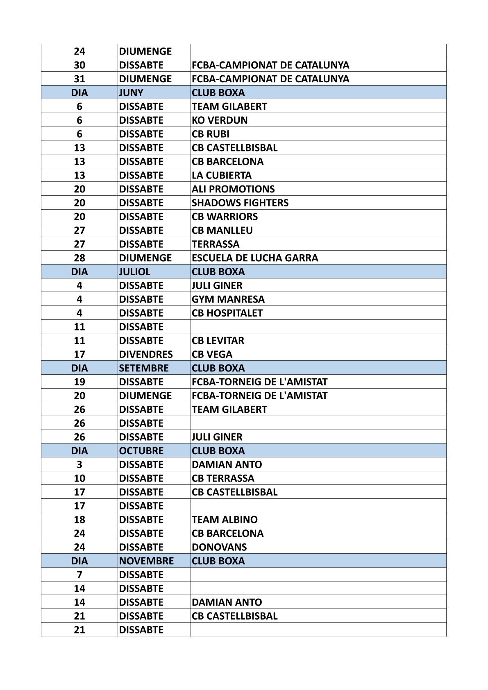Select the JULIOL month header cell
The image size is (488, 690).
click(134, 271)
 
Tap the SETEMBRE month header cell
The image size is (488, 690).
click(143, 368)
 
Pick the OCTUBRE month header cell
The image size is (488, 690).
click(141, 451)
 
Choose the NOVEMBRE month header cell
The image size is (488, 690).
click(146, 561)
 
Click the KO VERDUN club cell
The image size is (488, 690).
click(220, 120)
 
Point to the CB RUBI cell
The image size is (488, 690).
click(211, 134)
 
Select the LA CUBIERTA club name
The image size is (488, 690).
click(222, 175)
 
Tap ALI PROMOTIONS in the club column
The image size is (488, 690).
click(233, 189)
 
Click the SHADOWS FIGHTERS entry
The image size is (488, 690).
click(240, 203)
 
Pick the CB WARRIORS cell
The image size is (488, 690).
click(225, 217)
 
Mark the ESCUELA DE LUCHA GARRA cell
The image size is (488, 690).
click(255, 258)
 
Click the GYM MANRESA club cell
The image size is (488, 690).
click(228, 299)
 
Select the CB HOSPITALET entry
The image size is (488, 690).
click(227, 313)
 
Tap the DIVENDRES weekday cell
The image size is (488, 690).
click(146, 354)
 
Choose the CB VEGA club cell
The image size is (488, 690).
click(212, 354)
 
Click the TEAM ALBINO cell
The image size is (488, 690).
click(225, 520)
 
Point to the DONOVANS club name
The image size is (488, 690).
click(219, 547)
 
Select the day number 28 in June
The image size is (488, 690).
click(79, 258)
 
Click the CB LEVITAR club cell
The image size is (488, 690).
click(218, 341)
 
